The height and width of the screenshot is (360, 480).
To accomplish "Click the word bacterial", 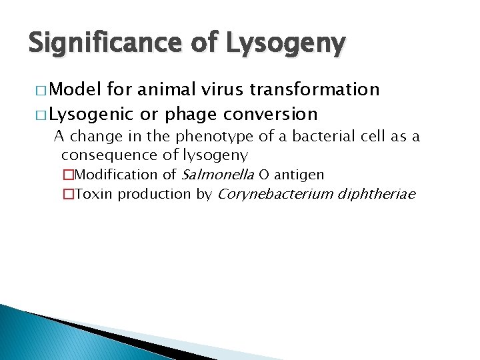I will [x=317, y=137].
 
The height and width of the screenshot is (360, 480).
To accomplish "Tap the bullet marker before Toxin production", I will [x=69, y=195].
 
